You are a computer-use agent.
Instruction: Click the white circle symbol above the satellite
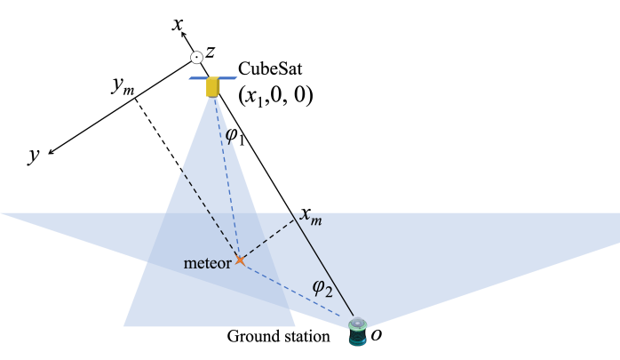pyautogui.click(x=196, y=58)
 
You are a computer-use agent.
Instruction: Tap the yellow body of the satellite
pyautogui.click(x=212, y=87)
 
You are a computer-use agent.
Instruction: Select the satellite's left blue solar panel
pyautogui.click(x=197, y=78)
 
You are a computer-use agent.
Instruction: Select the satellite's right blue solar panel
pyautogui.click(x=228, y=78)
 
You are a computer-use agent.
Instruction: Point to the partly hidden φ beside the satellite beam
pyautogui.click(x=229, y=137)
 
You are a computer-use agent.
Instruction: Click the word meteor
pyautogui.click(x=207, y=263)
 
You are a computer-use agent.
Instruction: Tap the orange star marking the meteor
pyautogui.click(x=239, y=260)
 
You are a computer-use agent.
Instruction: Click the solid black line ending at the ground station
pyautogui.click(x=324, y=266)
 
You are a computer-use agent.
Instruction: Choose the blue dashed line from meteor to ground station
pyautogui.click(x=298, y=291)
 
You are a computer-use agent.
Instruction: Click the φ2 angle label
pyautogui.click(x=322, y=287)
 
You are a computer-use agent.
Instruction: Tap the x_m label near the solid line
pyautogui.click(x=311, y=217)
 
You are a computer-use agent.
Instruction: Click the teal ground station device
pyautogui.click(x=357, y=333)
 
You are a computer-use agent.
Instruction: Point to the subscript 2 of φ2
pyautogui.click(x=329, y=292)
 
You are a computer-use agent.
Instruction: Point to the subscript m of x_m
pyautogui.click(x=316, y=220)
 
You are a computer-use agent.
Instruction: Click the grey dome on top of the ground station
pyautogui.click(x=357, y=323)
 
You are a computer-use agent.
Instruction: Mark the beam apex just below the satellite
pyautogui.click(x=212, y=99)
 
